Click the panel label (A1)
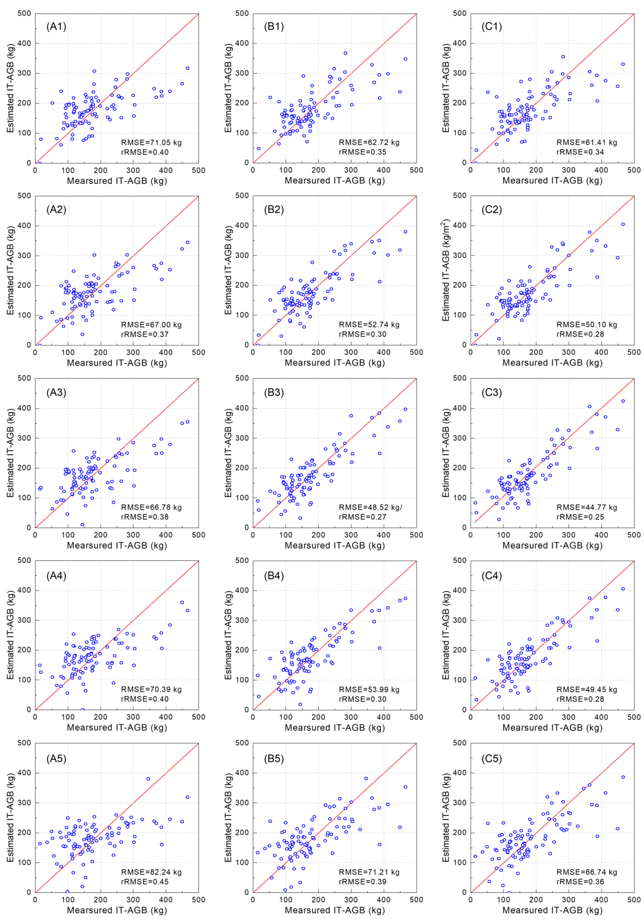pyautogui.click(x=56, y=27)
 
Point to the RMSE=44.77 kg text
pyautogui.click(x=587, y=507)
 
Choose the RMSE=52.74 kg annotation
pyautogui.click(x=369, y=325)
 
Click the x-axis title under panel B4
pyautogui.click(x=335, y=727)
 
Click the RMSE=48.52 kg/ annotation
pyautogui.click(x=370, y=507)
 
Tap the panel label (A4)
pyautogui.click(x=56, y=576)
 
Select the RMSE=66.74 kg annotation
pyautogui.click(x=587, y=872)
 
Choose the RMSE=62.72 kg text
pyautogui.click(x=369, y=142)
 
